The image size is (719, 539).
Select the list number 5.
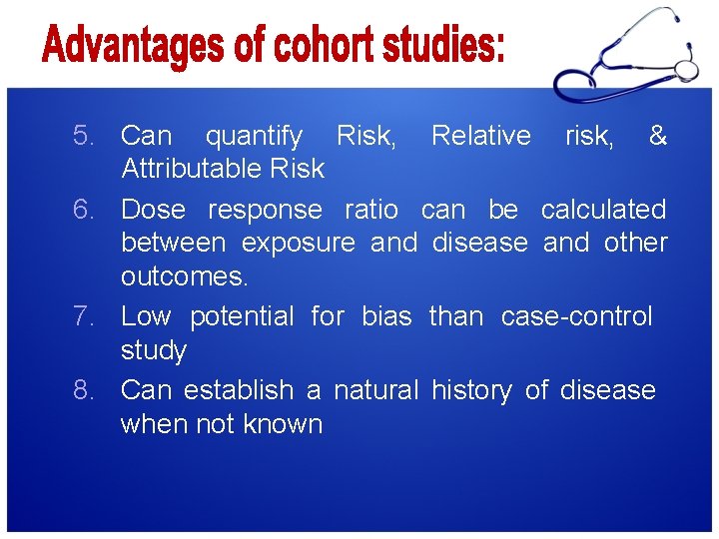85,135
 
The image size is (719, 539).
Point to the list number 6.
85,210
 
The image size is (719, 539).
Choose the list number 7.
85,316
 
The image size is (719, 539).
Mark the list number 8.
85,389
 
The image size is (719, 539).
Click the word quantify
254,135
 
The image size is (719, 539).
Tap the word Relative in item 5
480,135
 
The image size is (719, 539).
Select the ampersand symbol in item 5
657,135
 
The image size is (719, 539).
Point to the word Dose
152,210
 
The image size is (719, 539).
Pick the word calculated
603,210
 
